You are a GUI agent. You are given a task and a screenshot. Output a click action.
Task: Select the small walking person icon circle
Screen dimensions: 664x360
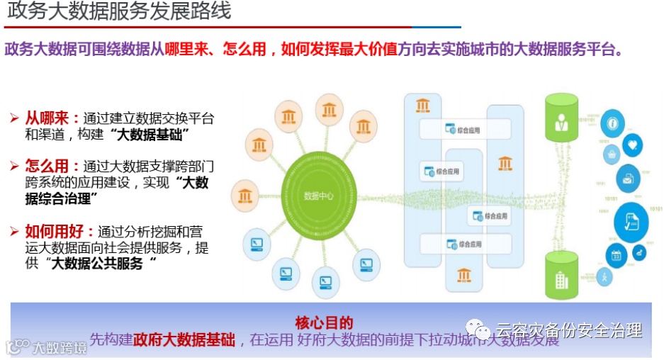pos(605,278)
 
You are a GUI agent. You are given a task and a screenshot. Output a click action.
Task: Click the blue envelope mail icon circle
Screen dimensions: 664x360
pos(627,178)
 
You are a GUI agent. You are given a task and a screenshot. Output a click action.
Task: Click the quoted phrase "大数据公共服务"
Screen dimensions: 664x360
pos(101,264)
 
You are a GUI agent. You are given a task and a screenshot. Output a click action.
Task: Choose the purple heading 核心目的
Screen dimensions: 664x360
pos(324,324)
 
